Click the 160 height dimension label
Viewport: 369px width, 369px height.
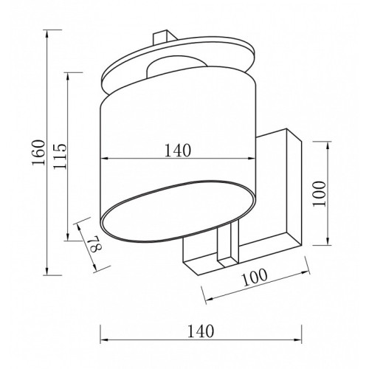[x=38, y=152]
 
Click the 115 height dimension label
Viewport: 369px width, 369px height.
[x=60, y=156]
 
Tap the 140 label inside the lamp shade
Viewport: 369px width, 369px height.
[x=177, y=151]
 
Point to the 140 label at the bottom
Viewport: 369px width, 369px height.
[x=201, y=331]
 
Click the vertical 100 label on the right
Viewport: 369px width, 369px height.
[x=319, y=193]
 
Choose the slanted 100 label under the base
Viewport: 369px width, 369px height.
[x=255, y=277]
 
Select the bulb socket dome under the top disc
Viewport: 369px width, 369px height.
[x=176, y=65]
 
